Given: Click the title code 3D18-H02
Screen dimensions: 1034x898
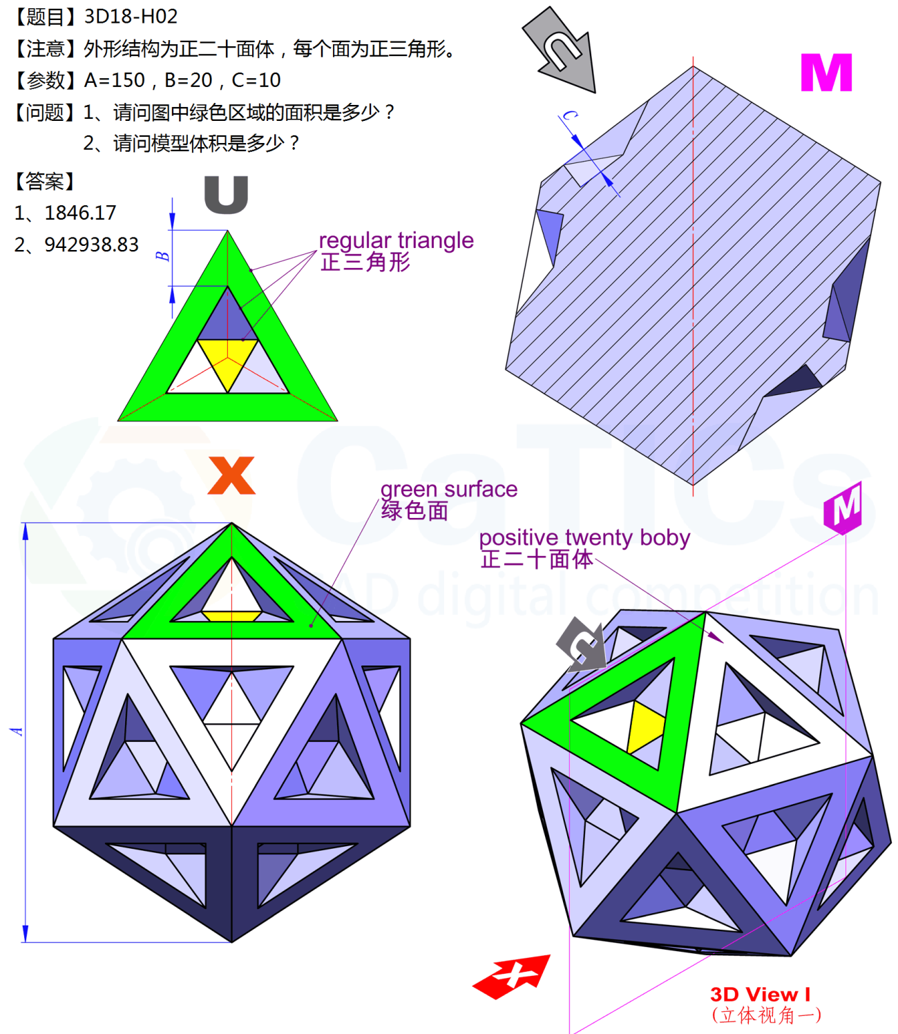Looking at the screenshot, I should (x=131, y=16).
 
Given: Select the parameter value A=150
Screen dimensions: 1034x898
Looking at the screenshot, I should (x=115, y=80).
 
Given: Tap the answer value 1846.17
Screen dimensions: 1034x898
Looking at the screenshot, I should (x=80, y=213).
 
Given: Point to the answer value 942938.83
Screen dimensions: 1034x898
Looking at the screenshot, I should (x=91, y=245).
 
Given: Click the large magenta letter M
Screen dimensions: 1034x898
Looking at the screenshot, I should (x=826, y=73).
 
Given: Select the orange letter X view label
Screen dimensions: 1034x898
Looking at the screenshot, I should (x=231, y=475).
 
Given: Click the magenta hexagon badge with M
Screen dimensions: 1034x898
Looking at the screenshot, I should (x=843, y=508).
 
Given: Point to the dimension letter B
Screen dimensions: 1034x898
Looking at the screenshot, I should (x=163, y=256).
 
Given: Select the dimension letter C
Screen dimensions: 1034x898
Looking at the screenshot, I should (x=569, y=115).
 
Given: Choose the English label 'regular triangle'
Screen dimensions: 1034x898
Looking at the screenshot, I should (x=396, y=240).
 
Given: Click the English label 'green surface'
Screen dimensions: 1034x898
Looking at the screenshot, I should (x=448, y=489).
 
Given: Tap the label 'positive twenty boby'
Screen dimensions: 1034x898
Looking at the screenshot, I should (x=584, y=537).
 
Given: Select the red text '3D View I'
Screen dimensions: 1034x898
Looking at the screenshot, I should (x=760, y=995).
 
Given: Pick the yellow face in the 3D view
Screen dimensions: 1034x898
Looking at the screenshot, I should (x=647, y=727).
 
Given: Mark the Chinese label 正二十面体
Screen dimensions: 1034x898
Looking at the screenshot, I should (x=537, y=559).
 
